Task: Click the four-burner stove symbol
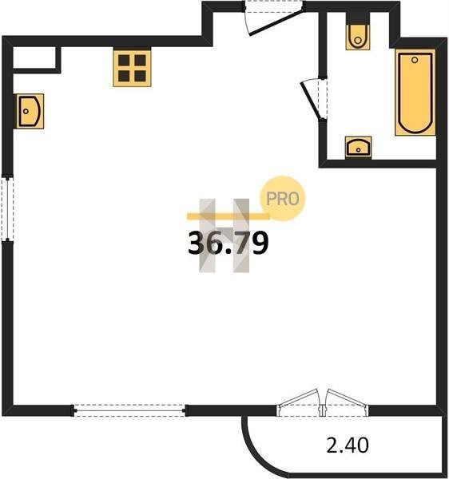132,68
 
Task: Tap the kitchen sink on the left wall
30,111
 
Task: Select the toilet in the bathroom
358,37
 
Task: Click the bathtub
415,93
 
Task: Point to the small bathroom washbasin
358,147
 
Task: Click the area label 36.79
228,243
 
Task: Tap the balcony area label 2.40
348,445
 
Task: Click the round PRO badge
282,199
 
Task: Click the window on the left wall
7,208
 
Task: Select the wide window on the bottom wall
129,410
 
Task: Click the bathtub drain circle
415,60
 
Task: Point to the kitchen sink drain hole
26,111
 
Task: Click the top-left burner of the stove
124,60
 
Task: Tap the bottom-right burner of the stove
141,76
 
